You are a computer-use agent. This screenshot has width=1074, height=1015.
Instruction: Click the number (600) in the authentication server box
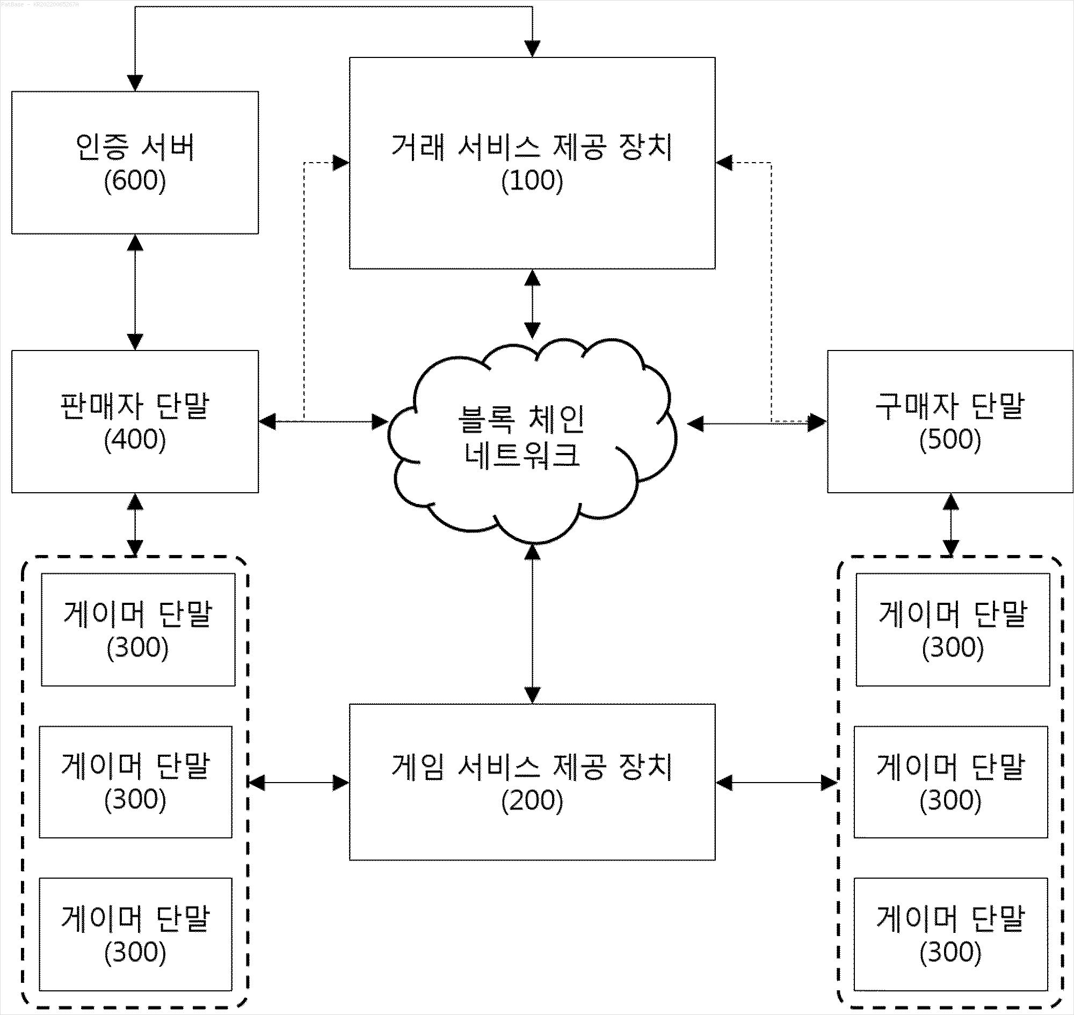(135, 181)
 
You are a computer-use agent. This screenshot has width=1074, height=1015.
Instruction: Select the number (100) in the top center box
(532, 181)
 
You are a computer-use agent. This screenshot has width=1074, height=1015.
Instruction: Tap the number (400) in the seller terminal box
(135, 439)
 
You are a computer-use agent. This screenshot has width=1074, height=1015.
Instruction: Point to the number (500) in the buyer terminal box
(950, 439)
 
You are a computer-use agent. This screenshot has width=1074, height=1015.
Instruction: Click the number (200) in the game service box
(532, 801)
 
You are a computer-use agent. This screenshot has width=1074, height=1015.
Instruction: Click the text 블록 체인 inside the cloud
(521, 419)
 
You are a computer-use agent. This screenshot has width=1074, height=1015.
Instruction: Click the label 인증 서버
(135, 147)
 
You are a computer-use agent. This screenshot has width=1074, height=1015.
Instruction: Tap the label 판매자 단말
(135, 406)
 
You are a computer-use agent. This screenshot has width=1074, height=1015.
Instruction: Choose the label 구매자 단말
(950, 406)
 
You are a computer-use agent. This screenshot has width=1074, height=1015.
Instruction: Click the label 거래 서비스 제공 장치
(532, 147)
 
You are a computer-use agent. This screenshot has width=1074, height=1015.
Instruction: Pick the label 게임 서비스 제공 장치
(532, 766)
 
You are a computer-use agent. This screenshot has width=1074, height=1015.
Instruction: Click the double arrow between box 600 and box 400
(135, 292)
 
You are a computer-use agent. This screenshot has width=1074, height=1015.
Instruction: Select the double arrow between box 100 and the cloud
(532, 304)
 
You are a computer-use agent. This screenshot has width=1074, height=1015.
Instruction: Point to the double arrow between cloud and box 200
(532, 624)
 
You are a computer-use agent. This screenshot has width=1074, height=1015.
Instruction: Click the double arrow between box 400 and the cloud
(324, 421)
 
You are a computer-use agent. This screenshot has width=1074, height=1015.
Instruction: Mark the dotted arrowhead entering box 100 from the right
(724, 162)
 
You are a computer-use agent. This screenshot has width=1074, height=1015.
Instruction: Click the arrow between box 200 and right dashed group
(777, 783)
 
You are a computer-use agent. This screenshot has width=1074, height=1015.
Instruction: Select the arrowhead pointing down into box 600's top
(135, 83)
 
